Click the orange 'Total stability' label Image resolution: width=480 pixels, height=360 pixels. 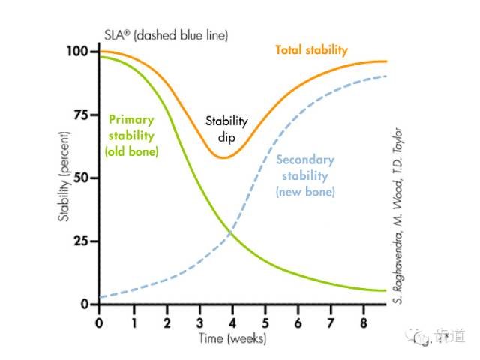(x=311, y=50)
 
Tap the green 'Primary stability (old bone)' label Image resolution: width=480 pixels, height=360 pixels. (x=131, y=135)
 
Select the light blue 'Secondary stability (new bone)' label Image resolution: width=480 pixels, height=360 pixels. (x=305, y=175)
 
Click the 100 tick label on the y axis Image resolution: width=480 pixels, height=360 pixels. (x=77, y=52)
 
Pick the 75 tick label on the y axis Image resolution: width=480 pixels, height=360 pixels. (x=80, y=115)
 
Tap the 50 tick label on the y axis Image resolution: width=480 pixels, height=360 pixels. (x=80, y=178)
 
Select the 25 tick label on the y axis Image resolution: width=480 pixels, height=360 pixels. (x=80, y=241)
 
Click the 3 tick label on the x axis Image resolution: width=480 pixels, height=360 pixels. (x=199, y=322)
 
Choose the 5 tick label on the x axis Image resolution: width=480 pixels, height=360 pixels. (x=265, y=322)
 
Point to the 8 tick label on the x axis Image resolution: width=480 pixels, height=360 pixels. (x=365, y=322)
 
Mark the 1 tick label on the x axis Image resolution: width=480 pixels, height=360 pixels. (x=133, y=322)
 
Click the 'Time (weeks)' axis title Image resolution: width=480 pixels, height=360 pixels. (x=232, y=338)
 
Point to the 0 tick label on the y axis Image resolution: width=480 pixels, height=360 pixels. (x=84, y=304)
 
